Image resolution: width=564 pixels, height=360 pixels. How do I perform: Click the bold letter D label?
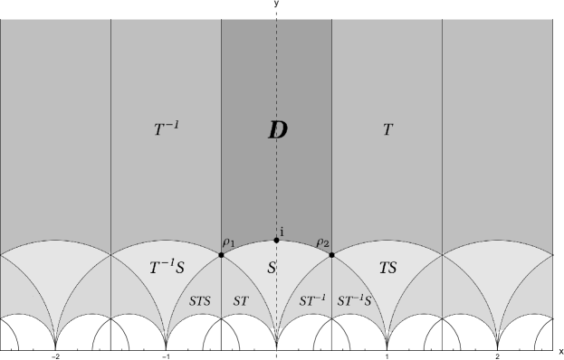pos(277,129)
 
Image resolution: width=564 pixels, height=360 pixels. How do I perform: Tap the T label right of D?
pos(387,129)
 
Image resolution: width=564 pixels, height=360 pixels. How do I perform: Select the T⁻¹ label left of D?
pos(166,129)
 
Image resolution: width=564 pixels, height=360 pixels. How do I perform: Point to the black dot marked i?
pos(276,240)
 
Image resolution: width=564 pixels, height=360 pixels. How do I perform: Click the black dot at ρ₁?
pos(221,255)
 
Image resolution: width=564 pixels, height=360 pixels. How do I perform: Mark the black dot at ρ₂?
pos(331,255)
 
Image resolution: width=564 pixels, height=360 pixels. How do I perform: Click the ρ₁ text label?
pos(228,242)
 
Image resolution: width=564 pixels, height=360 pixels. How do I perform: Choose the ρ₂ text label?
pos(322,242)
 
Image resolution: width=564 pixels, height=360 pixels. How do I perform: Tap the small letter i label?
pos(282,232)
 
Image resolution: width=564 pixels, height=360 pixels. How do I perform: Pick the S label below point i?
pos(271,269)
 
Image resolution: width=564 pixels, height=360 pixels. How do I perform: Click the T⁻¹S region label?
pos(167,268)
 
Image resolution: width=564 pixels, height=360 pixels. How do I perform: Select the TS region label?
pos(387,269)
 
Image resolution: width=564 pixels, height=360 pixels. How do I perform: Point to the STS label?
pos(200,299)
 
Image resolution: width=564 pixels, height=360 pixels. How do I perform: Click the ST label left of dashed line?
pos(241,299)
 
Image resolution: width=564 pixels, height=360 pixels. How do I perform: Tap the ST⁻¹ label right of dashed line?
pos(311,299)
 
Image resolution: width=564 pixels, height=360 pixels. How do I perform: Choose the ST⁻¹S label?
pos(355,299)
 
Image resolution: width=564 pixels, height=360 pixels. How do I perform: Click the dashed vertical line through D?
pos(276,72)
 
